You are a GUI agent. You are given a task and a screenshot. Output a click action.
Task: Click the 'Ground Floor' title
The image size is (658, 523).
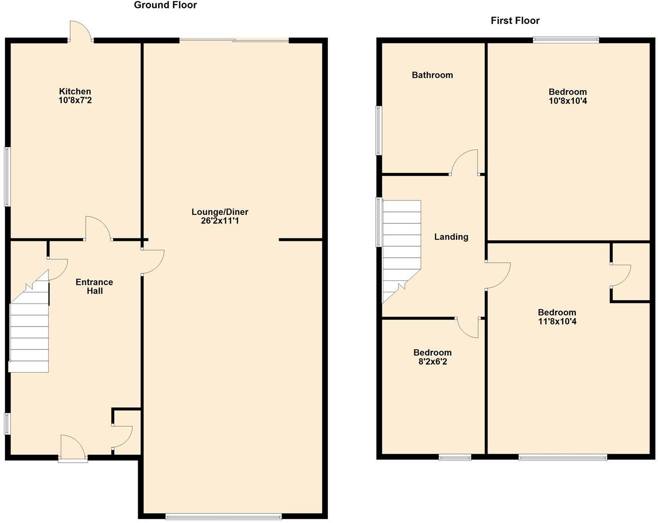(165, 5)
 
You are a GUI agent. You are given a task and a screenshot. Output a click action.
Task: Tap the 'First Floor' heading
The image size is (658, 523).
(515, 20)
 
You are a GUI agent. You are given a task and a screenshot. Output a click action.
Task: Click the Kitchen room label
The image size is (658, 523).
(75, 91)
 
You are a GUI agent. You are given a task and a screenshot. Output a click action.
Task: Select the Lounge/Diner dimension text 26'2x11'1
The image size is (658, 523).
(220, 221)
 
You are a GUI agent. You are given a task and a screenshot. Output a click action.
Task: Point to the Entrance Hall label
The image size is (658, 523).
(94, 286)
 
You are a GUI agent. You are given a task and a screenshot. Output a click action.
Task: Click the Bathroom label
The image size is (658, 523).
(432, 75)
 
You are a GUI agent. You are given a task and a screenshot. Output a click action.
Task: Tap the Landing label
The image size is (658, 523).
(451, 237)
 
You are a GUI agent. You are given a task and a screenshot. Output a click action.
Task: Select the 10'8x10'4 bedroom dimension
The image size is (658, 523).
(568, 101)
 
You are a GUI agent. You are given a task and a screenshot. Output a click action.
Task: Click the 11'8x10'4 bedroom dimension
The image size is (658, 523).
(557, 322)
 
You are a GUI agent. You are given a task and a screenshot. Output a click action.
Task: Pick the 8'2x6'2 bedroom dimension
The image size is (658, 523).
(432, 361)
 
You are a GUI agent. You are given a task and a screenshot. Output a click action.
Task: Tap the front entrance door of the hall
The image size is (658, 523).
(73, 448)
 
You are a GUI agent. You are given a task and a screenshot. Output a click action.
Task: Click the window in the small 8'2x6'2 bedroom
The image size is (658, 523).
(455, 457)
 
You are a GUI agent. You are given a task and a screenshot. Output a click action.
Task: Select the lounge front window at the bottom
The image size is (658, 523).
(223, 517)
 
